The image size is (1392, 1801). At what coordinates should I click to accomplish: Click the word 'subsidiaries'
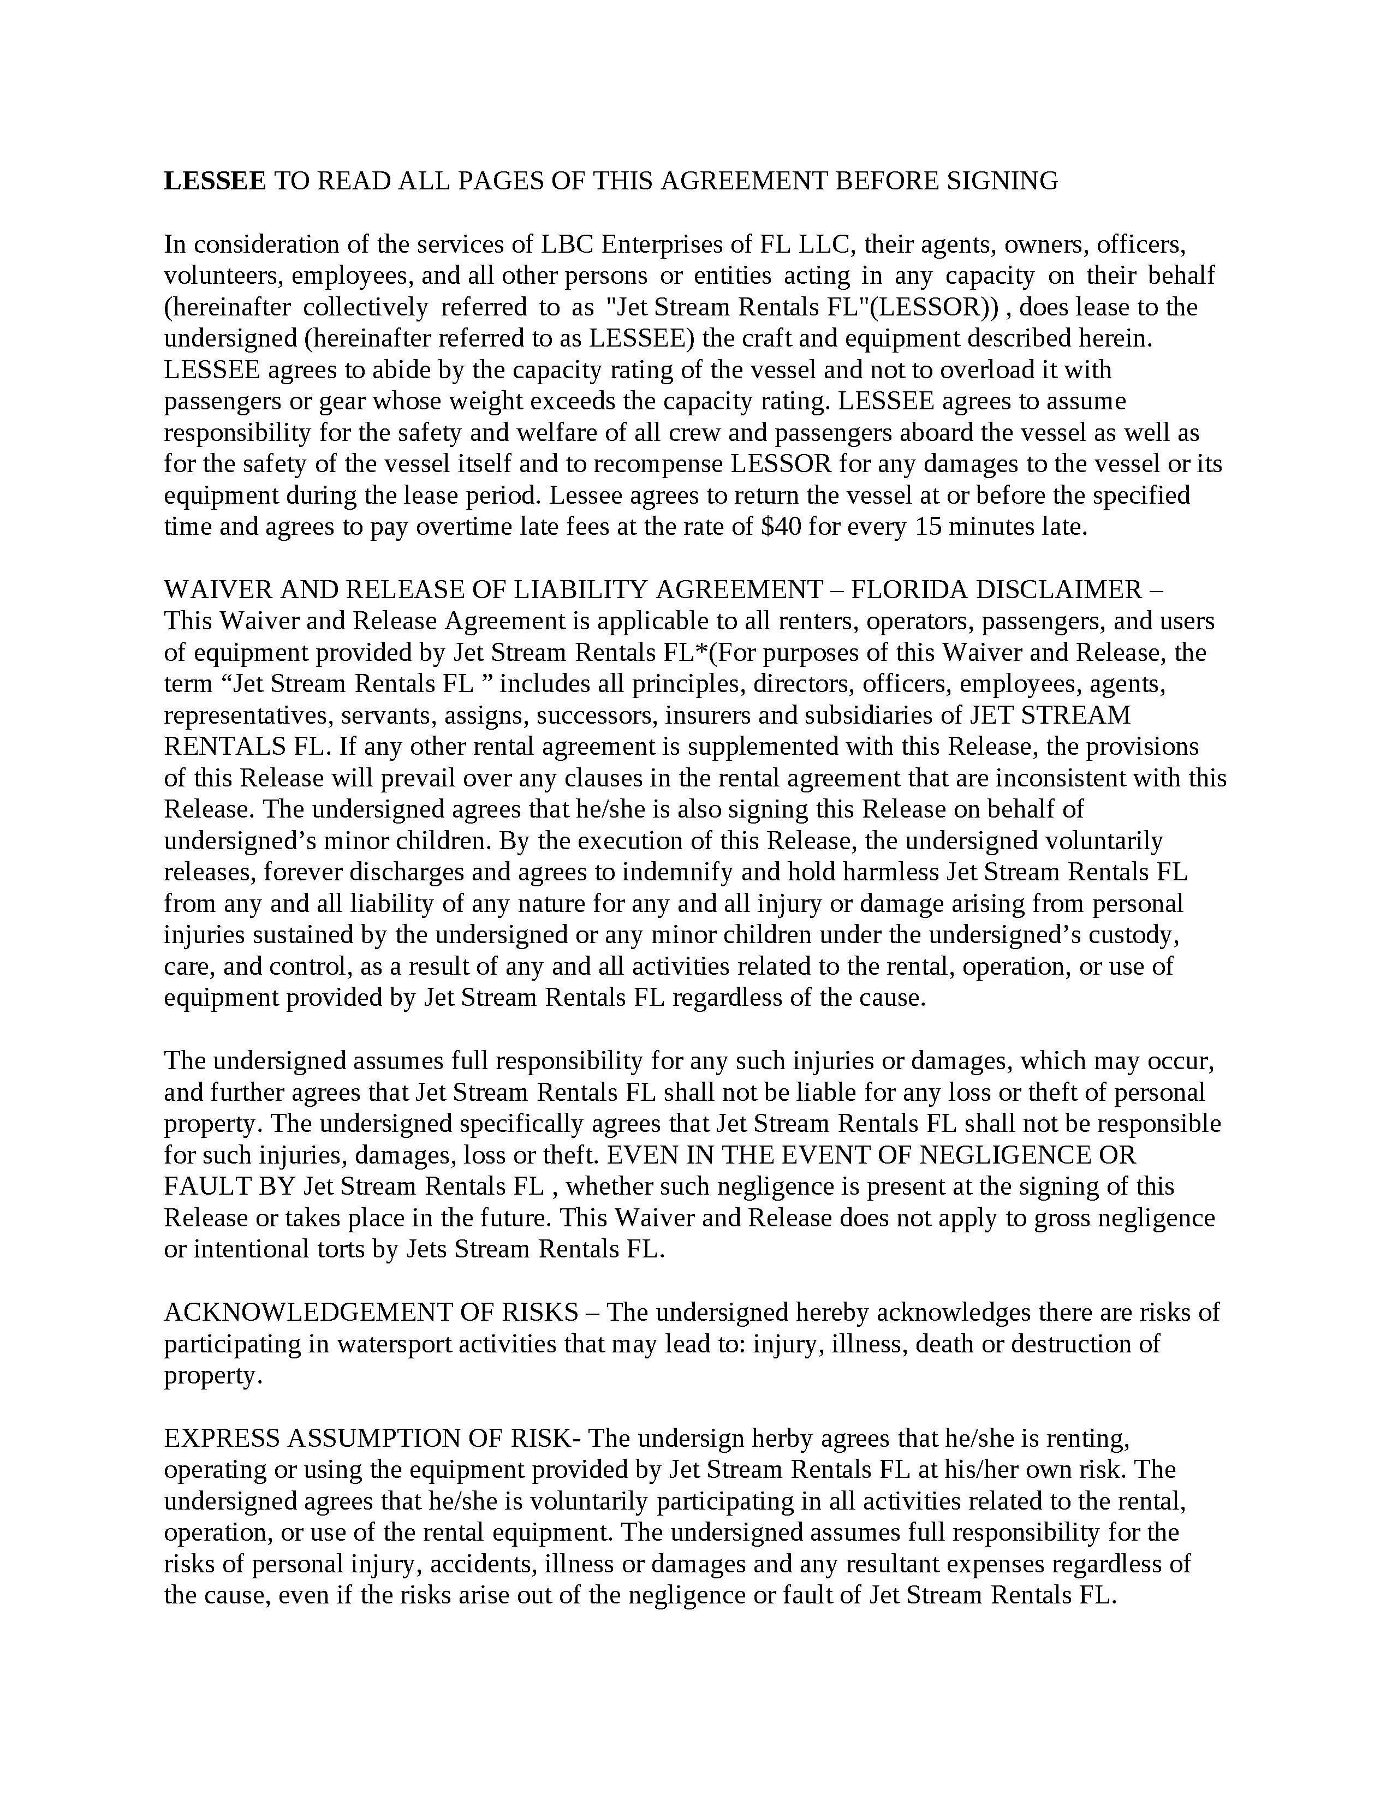(x=864, y=714)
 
